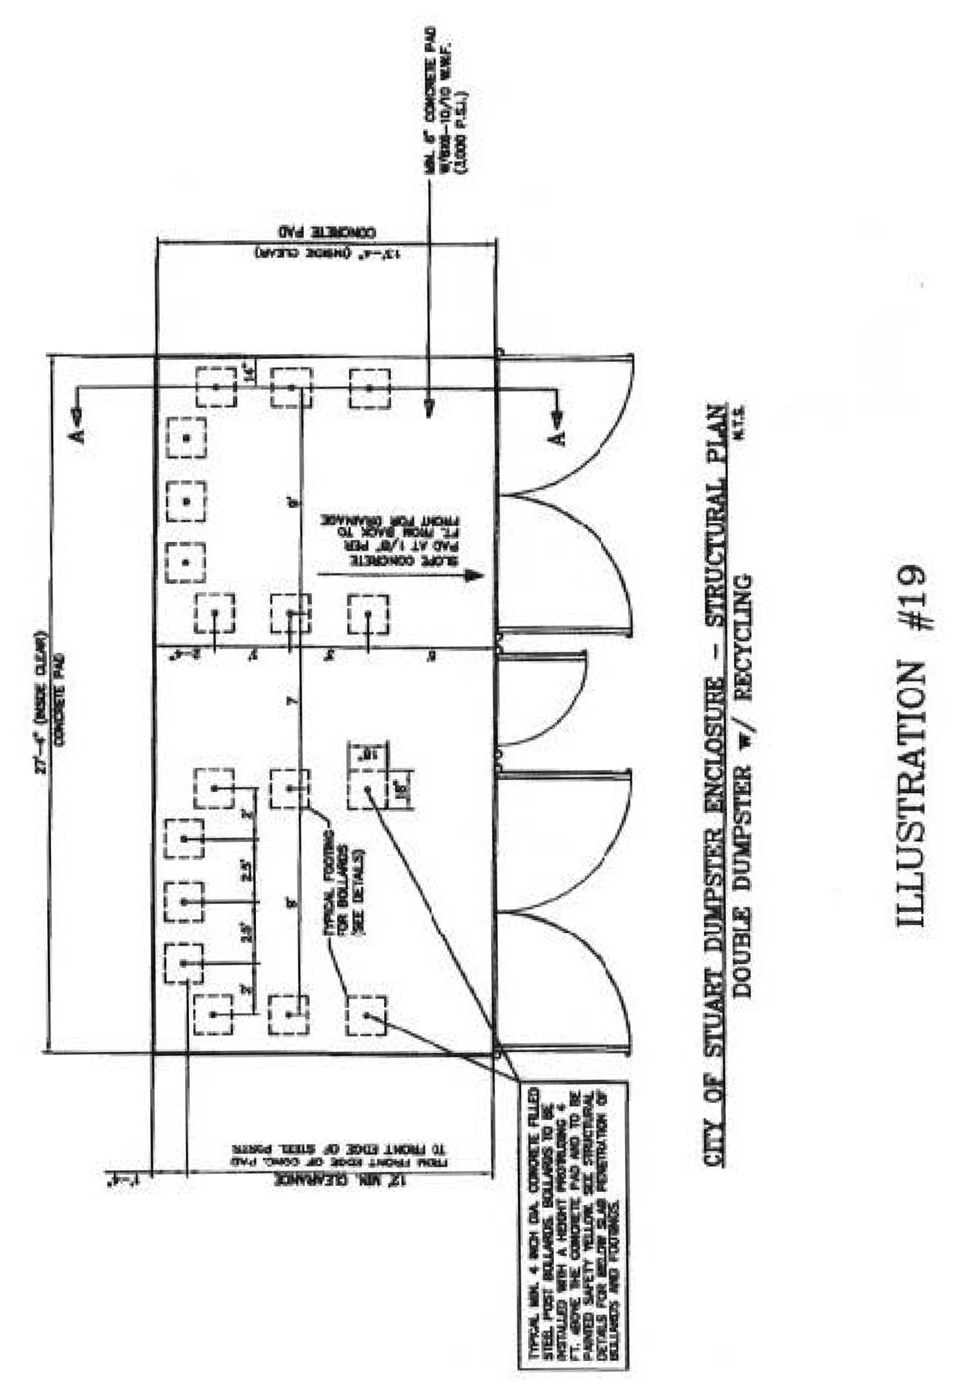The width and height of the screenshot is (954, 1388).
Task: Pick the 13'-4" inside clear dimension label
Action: coord(328,253)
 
